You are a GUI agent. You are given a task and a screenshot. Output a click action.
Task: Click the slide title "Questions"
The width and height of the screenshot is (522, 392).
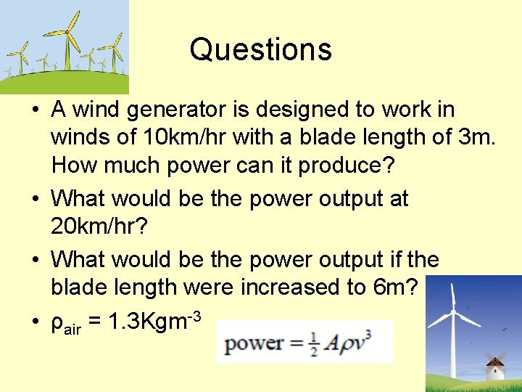[x=260, y=49]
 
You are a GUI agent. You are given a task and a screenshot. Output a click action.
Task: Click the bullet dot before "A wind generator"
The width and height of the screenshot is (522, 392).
[x=35, y=110]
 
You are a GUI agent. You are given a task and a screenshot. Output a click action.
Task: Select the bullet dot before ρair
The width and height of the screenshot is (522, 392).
[x=35, y=319]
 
